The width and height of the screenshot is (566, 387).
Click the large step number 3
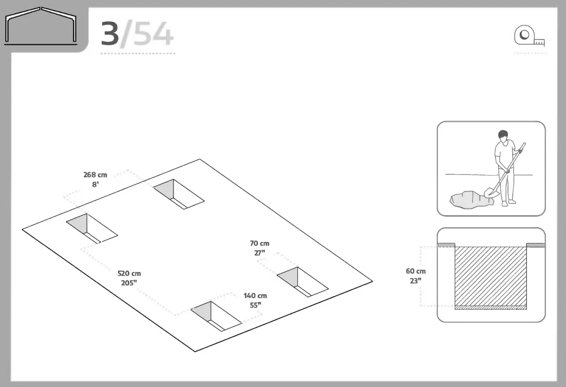(x=110, y=34)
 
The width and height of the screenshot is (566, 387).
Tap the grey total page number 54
(x=153, y=34)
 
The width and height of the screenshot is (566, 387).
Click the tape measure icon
(x=529, y=36)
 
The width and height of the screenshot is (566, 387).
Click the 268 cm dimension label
(x=95, y=175)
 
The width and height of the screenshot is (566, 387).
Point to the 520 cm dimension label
(x=129, y=274)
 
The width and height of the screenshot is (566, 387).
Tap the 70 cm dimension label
(x=260, y=243)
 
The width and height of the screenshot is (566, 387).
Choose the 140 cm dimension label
(x=255, y=296)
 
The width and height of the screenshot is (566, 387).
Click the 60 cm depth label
(x=416, y=271)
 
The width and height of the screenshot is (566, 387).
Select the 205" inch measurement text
(x=129, y=283)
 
